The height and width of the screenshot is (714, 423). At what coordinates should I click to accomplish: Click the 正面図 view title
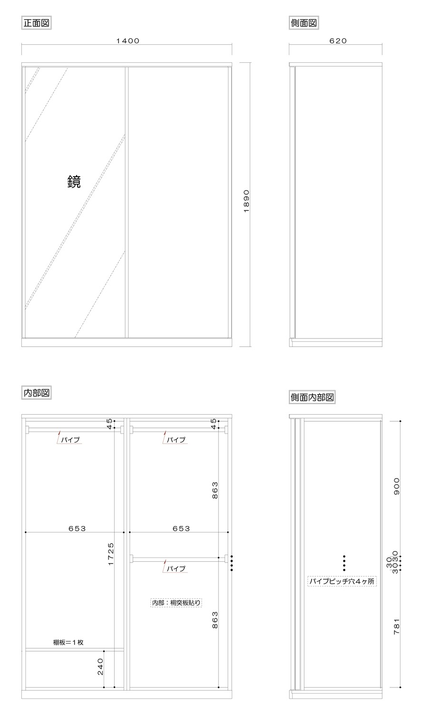point(36,23)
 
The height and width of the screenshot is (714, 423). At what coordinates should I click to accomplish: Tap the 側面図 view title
point(304,23)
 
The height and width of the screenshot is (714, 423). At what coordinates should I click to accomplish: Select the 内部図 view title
point(36,393)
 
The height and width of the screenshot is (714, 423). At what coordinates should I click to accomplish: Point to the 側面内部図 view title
point(312,397)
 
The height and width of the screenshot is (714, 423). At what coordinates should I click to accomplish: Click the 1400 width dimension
point(128,41)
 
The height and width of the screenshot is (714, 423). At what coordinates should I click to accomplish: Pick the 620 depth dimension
point(338,41)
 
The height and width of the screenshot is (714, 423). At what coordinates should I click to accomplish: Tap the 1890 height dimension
point(246,201)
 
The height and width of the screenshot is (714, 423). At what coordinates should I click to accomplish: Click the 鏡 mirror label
point(74,182)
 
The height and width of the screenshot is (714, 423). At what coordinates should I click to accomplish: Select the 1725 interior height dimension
point(110,554)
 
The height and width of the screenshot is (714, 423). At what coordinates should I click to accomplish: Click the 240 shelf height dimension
point(100,666)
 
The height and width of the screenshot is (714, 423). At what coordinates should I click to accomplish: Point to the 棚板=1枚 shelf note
point(68,642)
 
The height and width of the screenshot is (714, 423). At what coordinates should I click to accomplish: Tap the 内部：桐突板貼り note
point(176,603)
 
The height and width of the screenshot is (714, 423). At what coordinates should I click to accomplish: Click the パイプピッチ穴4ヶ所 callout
point(342,581)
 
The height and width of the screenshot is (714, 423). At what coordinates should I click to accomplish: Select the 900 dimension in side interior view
point(396,486)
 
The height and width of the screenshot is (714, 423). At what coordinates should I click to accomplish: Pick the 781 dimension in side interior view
point(396,626)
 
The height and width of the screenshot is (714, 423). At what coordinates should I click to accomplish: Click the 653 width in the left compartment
point(77,528)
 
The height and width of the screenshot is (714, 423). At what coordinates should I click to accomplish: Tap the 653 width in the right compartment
point(181,528)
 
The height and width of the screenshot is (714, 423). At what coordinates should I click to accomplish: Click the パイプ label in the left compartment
point(70,439)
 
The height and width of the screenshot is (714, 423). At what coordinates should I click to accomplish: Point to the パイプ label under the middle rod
point(176,568)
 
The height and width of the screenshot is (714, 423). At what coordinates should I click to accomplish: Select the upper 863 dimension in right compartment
point(215,490)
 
